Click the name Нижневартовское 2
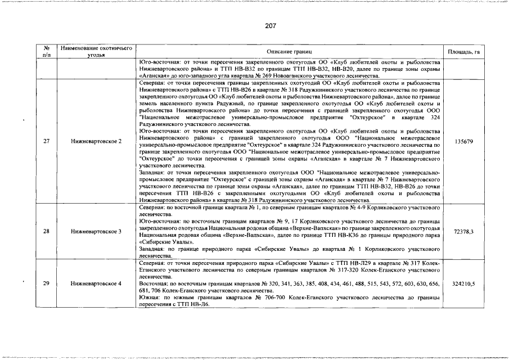click(96, 141)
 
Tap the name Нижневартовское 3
click(96, 232)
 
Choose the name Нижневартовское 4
click(96, 284)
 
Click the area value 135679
click(463, 141)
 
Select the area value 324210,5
click(463, 284)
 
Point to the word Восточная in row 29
click(152, 284)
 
